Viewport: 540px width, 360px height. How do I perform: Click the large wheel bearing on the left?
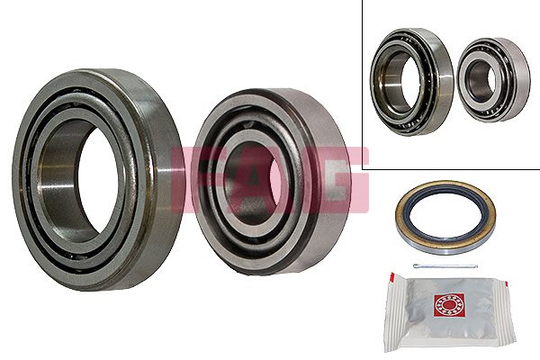(28, 179)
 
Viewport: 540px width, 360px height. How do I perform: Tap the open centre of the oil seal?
(445, 216)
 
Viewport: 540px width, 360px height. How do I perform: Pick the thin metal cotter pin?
(445, 266)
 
